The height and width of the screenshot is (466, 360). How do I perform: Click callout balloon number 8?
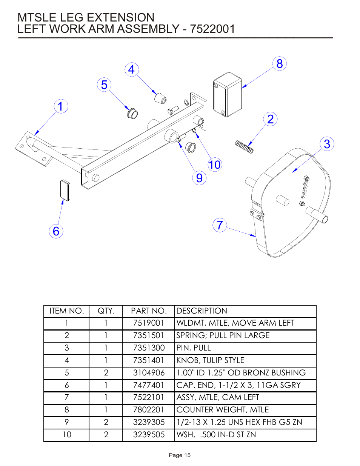pyautogui.click(x=279, y=64)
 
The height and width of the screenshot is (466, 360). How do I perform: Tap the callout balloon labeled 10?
pyautogui.click(x=215, y=165)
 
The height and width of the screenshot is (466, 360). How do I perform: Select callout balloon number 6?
pyautogui.click(x=56, y=231)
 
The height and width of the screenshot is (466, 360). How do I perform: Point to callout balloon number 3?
pyautogui.click(x=327, y=144)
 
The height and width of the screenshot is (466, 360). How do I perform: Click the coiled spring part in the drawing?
pyautogui.click(x=244, y=146)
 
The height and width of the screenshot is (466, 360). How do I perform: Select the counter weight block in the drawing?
pyautogui.click(x=227, y=95)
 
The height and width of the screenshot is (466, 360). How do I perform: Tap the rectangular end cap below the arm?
pyautogui.click(x=65, y=190)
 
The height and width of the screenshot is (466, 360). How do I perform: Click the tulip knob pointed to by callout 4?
pyautogui.click(x=160, y=98)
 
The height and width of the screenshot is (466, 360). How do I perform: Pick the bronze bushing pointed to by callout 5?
pyautogui.click(x=132, y=112)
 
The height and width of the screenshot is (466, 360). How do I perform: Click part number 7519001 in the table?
pyautogui.click(x=149, y=323)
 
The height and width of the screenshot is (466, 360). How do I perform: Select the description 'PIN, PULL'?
pyautogui.click(x=194, y=348)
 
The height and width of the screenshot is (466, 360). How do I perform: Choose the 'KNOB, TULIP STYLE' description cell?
pyautogui.click(x=210, y=360)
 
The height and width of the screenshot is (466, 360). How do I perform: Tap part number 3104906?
pyautogui.click(x=149, y=373)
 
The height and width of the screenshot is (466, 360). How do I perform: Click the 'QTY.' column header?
pyautogui.click(x=106, y=311)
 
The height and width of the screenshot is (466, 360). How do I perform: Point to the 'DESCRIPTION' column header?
pyautogui.click(x=202, y=311)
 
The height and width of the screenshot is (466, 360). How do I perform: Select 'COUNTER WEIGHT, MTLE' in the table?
pyautogui.click(x=223, y=410)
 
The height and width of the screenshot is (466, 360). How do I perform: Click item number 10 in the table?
pyautogui.click(x=67, y=435)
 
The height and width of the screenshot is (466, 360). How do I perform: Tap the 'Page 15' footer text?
pyautogui.click(x=180, y=455)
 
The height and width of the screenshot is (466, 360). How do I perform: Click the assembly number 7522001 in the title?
pyautogui.click(x=212, y=29)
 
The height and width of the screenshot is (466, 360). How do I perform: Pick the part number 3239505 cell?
pyautogui.click(x=149, y=435)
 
